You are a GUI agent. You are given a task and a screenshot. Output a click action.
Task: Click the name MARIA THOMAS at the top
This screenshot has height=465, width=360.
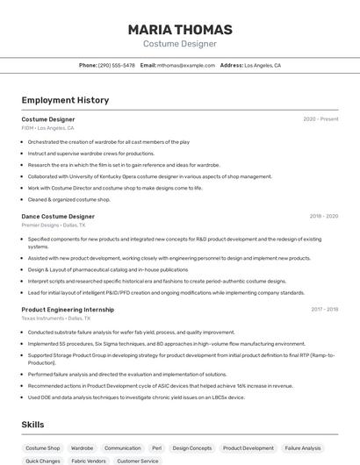(x=180, y=29)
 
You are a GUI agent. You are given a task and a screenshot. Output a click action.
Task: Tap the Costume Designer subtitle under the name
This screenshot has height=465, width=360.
(x=180, y=43)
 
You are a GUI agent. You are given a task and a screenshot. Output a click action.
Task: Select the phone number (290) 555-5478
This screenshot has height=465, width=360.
(x=116, y=65)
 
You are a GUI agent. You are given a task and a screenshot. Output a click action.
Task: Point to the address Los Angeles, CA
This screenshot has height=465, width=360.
(x=262, y=65)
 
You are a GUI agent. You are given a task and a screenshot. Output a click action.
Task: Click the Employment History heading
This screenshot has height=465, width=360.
(x=65, y=100)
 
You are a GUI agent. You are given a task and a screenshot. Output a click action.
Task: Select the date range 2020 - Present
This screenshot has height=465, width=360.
(x=320, y=119)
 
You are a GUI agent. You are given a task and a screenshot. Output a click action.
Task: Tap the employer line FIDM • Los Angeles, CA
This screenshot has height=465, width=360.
(x=47, y=128)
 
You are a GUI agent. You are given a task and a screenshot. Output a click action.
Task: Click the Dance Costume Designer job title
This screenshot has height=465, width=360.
(x=58, y=216)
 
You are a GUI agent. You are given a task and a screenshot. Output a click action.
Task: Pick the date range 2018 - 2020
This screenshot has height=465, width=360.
(x=323, y=216)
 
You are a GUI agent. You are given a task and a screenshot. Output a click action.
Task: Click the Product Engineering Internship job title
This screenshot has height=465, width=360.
(x=68, y=309)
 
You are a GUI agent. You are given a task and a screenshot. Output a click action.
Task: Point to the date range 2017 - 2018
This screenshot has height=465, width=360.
(x=324, y=309)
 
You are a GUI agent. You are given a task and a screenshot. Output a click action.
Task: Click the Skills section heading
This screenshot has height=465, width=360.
(x=32, y=425)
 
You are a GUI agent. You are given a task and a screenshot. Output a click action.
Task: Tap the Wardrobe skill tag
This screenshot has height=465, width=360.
(x=82, y=448)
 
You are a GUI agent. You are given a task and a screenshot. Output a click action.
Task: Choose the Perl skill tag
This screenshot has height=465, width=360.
(x=156, y=448)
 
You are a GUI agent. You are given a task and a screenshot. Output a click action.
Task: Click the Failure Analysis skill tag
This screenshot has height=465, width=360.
(x=303, y=448)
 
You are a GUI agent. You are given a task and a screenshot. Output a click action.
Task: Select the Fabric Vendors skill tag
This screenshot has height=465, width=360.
(x=89, y=461)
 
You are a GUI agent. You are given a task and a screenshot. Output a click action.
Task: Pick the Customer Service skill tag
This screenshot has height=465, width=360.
(x=138, y=461)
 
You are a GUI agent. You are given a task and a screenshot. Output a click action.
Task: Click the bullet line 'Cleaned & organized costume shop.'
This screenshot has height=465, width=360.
(x=68, y=199)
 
